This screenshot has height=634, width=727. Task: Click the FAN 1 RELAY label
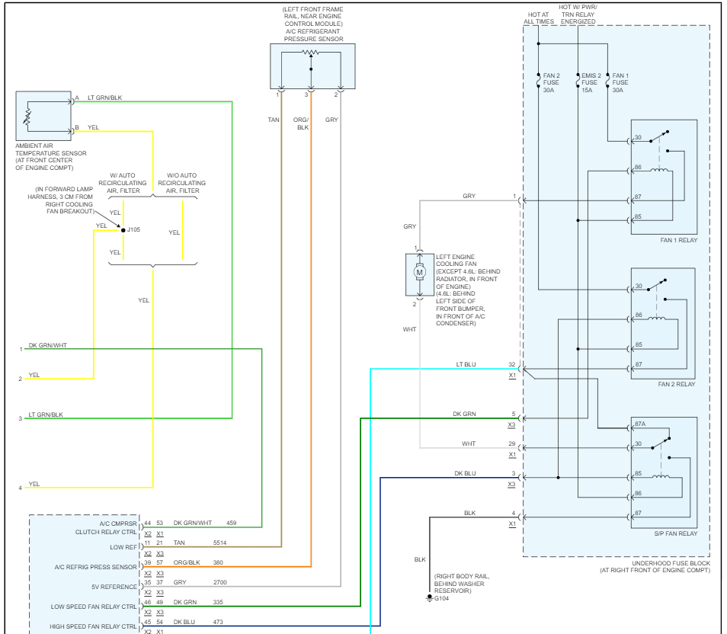coord(678,240)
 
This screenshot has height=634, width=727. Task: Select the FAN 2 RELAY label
coord(677,384)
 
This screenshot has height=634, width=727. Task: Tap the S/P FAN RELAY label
coord(676,533)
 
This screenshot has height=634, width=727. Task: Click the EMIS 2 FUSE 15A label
coord(591,82)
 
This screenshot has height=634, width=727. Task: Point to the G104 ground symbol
coord(429,598)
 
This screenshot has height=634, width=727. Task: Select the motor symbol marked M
coord(418,272)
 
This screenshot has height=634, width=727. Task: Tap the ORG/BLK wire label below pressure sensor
coord(303,123)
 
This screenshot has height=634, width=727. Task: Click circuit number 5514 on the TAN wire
coord(221,543)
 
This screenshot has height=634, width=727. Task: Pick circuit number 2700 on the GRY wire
coord(221,582)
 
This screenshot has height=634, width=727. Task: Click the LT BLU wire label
coord(466,365)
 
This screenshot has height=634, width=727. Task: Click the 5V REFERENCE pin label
coord(114,587)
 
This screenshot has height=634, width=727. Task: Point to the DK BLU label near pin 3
coord(465,473)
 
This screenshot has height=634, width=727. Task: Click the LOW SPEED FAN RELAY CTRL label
coord(95,607)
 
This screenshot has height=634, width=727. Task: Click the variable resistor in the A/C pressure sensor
coord(310,53)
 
